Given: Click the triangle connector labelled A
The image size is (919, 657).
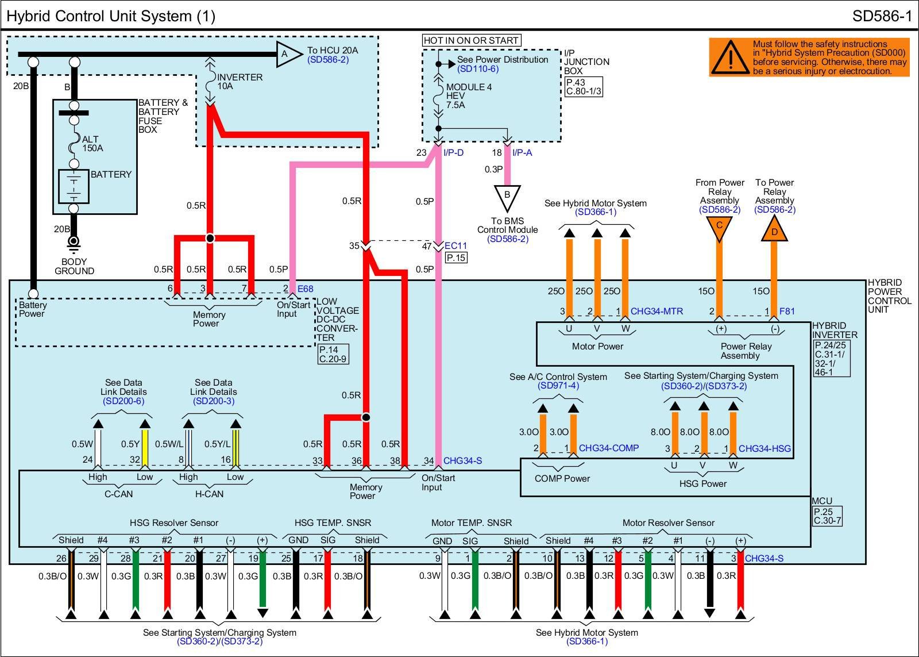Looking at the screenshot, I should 287,55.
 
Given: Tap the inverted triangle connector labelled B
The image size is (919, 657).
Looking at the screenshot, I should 507,197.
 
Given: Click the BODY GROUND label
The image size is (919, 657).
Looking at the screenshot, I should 74,266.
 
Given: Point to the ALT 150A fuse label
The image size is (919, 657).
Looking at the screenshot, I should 92,144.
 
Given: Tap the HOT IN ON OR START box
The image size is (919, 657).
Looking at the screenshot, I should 471,40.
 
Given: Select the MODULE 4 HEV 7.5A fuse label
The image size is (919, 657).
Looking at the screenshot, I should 469,96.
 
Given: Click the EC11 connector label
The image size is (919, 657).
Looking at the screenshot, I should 456,246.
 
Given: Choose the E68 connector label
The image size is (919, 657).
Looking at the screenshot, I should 305,289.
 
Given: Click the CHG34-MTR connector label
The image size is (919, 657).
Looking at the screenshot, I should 657,312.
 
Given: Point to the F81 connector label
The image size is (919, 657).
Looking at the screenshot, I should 787,312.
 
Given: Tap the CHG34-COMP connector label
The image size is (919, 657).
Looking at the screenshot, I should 608,448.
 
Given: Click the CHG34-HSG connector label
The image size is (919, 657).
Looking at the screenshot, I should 764,448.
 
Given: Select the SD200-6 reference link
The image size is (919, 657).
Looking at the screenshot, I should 123,401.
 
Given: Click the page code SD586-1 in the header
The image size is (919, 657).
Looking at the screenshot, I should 882,16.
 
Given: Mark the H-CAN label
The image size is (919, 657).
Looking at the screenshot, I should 210,494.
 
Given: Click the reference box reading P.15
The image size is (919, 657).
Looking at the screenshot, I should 456,258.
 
